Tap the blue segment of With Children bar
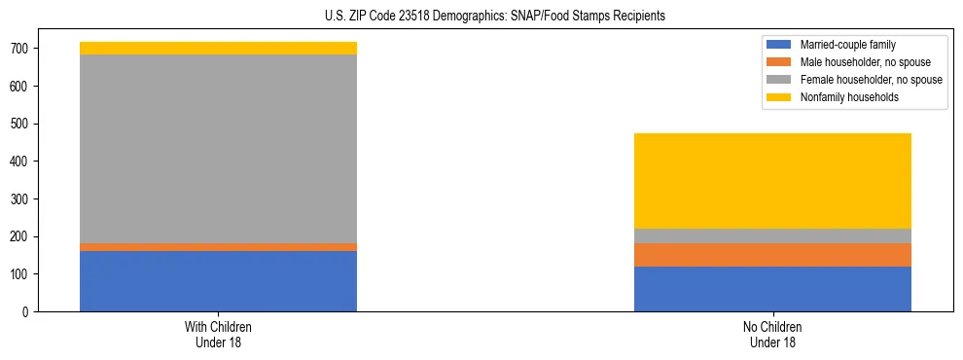[x=218, y=281]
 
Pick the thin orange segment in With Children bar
[x=218, y=247]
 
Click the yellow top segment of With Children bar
[x=218, y=48]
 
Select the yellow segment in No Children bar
[x=772, y=181]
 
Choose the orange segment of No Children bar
[x=772, y=255]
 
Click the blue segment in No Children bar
[x=772, y=289]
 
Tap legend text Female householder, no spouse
[x=871, y=80]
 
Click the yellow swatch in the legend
[x=779, y=97]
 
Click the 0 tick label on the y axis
[x=33, y=312]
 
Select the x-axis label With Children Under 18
[x=218, y=335]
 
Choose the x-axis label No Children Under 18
[x=772, y=335]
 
